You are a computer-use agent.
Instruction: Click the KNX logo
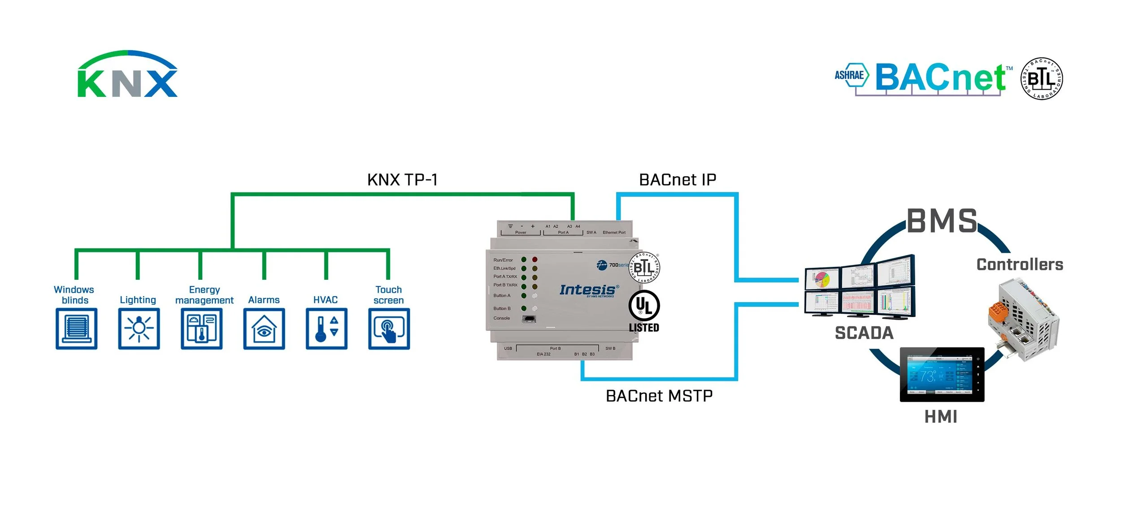click(128, 75)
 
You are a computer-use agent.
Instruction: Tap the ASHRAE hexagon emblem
click(850, 75)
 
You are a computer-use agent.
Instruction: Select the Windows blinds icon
click(77, 329)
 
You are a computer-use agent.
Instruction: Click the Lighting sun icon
click(139, 329)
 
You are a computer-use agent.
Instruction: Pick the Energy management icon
click(201, 329)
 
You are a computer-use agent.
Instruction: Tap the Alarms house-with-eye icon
click(264, 329)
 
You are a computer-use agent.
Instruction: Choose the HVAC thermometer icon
click(326, 329)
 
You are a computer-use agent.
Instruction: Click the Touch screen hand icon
click(389, 329)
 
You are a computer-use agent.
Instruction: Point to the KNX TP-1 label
click(402, 180)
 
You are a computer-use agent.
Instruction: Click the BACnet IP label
click(678, 180)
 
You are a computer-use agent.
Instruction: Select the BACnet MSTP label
click(659, 396)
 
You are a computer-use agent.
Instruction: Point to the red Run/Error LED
click(534, 260)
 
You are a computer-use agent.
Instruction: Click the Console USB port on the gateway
click(529, 319)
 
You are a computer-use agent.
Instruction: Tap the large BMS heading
click(942, 221)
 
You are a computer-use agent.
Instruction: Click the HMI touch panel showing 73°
click(942, 374)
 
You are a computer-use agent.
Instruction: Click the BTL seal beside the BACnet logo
click(1042, 79)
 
